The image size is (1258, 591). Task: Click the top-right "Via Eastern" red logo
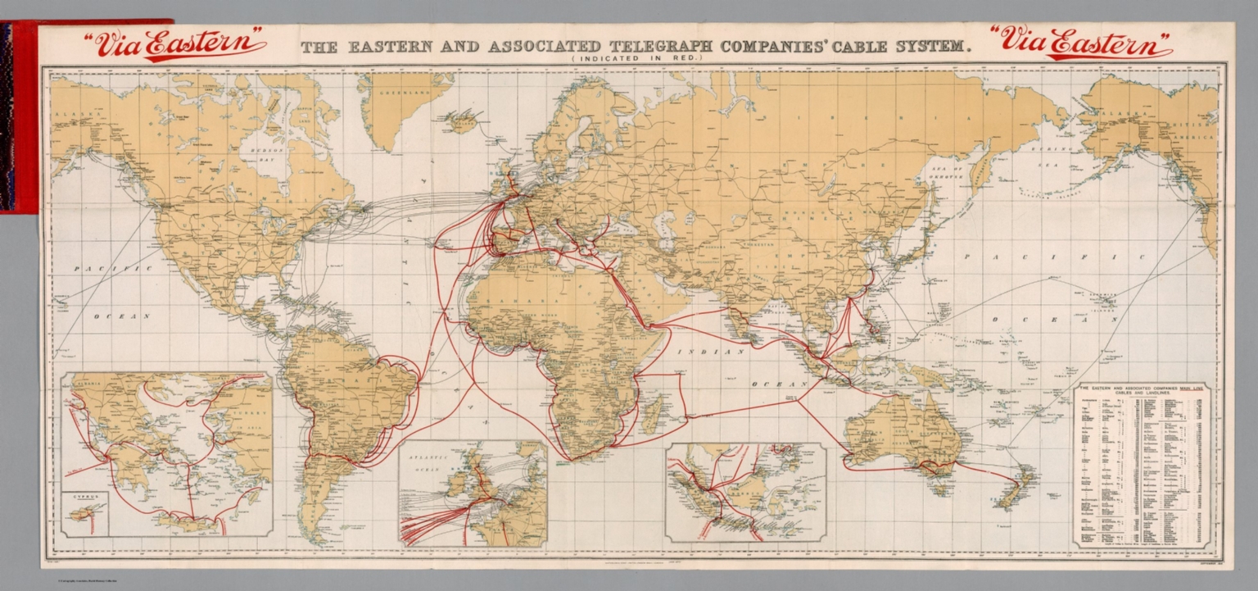(1080, 43)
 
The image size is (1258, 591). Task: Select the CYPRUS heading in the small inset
(84, 496)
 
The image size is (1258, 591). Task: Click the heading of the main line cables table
(1143, 393)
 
